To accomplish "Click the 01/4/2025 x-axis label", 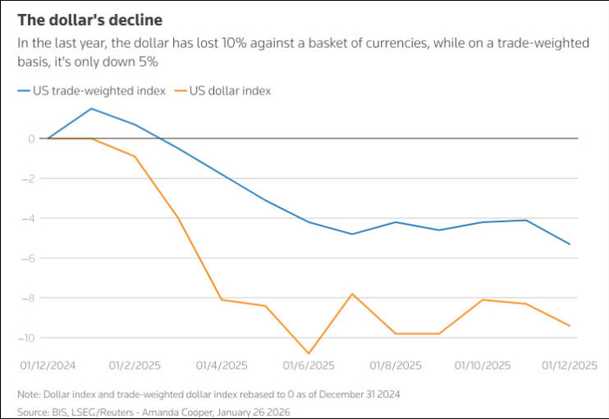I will point(222,365).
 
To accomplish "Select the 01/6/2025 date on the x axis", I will point(309,365).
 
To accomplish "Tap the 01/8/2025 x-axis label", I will point(396,365).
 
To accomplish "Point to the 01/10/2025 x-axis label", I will point(483,365).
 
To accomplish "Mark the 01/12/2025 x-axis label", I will point(570,365).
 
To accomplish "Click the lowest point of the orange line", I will point(309,353).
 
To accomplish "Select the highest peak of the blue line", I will point(91,109).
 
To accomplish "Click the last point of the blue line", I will point(570,244).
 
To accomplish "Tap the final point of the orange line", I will point(570,326).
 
